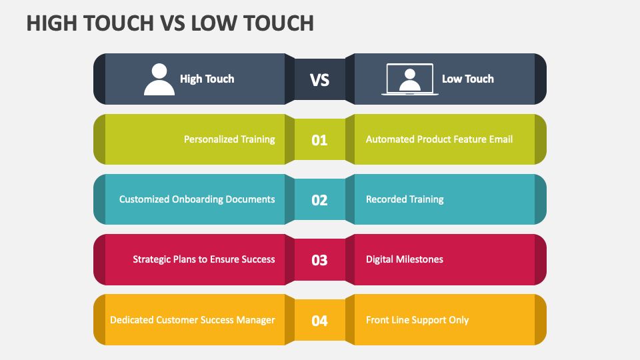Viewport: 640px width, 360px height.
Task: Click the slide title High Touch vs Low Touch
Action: (170, 23)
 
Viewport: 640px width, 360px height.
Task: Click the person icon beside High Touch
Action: (159, 79)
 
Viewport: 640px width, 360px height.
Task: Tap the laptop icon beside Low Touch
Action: (409, 79)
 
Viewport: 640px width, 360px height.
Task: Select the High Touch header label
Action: (207, 79)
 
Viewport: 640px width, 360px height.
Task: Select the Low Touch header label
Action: (467, 79)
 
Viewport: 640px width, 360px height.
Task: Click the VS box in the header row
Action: (320, 80)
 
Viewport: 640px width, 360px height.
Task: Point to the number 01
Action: (320, 140)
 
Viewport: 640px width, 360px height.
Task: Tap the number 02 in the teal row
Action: (320, 200)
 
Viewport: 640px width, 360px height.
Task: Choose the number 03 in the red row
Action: (320, 260)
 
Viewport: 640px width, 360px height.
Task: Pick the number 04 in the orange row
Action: (320, 321)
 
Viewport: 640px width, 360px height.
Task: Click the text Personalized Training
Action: (229, 139)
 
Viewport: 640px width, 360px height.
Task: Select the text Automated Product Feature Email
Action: (439, 139)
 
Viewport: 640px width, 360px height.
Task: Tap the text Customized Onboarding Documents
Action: (197, 199)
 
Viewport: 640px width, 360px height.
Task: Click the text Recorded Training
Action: (405, 199)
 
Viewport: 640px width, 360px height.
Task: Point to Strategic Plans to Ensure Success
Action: (203, 259)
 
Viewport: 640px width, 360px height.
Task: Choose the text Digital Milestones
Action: (404, 259)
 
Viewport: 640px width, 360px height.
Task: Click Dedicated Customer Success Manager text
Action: (192, 320)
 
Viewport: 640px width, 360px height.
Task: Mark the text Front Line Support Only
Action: (417, 320)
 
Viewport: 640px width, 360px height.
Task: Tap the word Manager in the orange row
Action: (255, 320)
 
